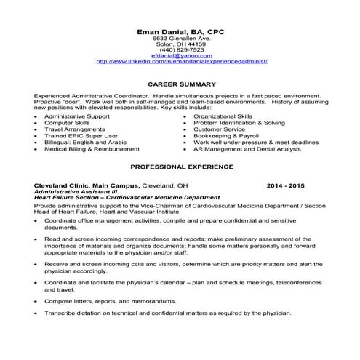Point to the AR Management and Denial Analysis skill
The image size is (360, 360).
point(247,148)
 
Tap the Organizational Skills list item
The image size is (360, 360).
point(223,115)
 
